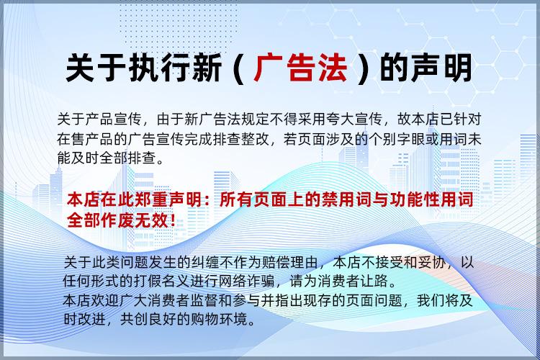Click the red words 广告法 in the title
coord(301,68)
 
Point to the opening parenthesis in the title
coord(238,68)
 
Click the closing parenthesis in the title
coord(363,68)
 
